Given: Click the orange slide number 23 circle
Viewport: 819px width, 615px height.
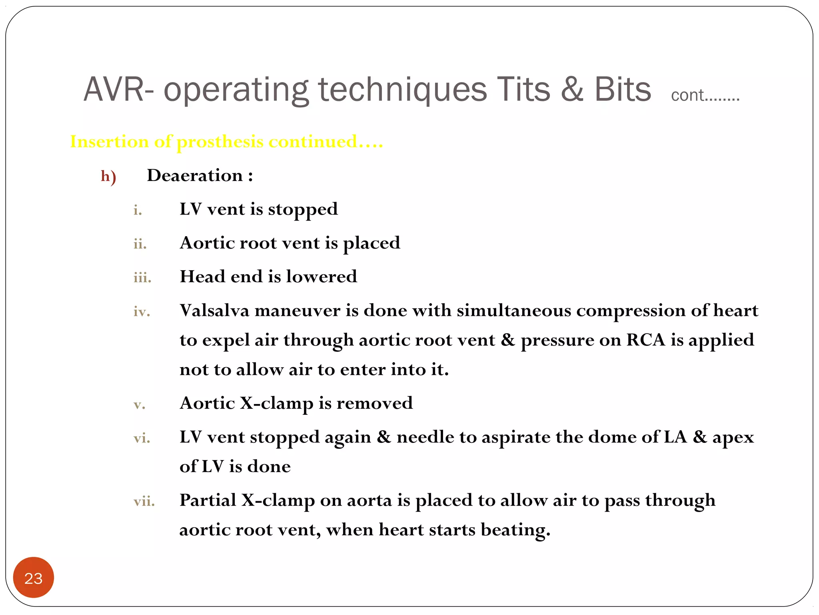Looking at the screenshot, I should pyautogui.click(x=34, y=577).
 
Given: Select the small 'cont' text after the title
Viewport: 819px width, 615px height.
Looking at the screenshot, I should pyautogui.click(x=687, y=95).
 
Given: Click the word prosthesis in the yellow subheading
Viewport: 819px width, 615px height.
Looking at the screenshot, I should pyautogui.click(x=220, y=142).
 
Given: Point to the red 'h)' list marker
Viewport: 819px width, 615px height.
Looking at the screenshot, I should pyautogui.click(x=108, y=176).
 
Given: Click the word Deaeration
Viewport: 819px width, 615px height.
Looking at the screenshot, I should pyautogui.click(x=195, y=175).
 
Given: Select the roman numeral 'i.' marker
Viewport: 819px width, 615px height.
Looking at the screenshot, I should pyautogui.click(x=138, y=210).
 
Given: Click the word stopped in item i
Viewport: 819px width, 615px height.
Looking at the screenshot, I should pyautogui.click(x=303, y=209).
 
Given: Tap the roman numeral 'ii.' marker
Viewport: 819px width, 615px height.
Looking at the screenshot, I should pyautogui.click(x=140, y=243).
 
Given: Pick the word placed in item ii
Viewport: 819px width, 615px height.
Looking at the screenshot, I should pyautogui.click(x=372, y=243).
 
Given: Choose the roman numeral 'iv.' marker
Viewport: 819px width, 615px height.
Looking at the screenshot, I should pyautogui.click(x=142, y=311).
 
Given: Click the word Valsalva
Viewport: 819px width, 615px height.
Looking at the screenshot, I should pyautogui.click(x=214, y=310).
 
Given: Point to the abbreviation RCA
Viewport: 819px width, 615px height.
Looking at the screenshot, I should pyautogui.click(x=645, y=340).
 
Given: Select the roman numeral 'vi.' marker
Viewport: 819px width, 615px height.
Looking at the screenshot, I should pyautogui.click(x=142, y=438).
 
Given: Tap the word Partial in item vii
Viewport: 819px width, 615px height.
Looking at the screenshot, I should pyautogui.click(x=208, y=500).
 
